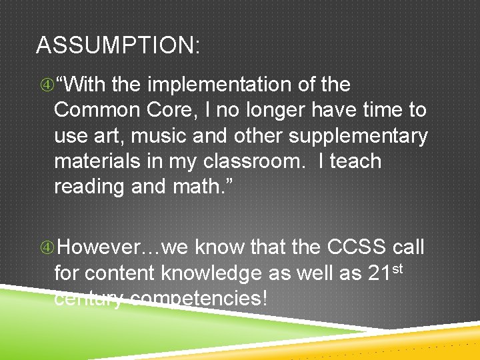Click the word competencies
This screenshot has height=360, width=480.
coord(198,299)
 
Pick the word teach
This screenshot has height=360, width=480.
coord(351,161)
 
